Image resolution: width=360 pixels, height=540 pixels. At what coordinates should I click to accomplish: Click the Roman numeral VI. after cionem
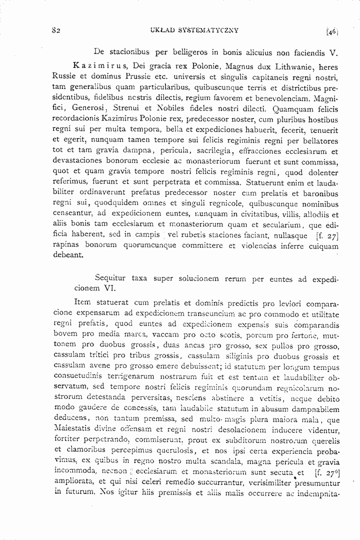tap(109, 288)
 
